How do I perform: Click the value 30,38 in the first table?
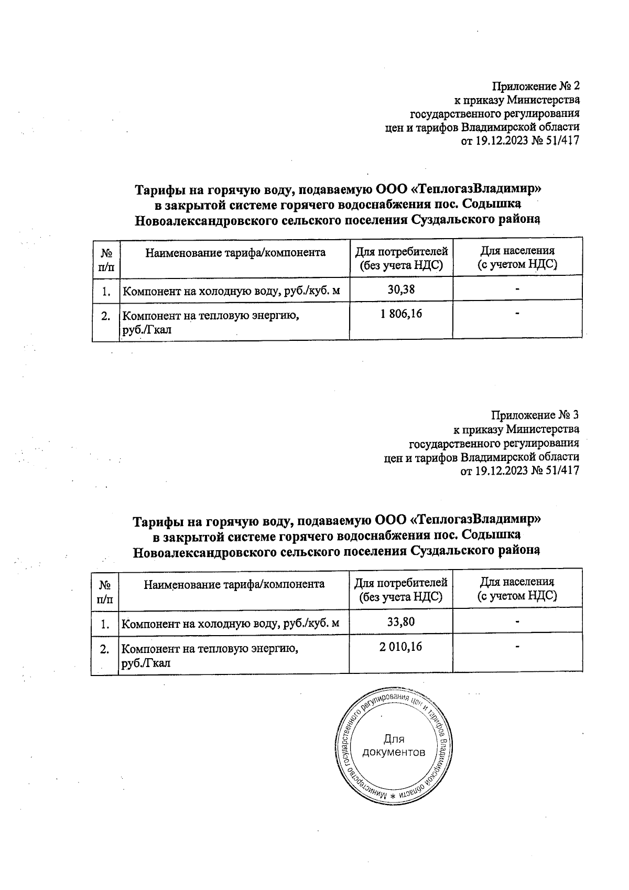point(401,288)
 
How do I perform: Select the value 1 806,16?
point(401,314)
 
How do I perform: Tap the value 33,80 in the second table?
point(401,622)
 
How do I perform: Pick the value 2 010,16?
point(401,647)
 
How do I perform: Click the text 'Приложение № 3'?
point(535,415)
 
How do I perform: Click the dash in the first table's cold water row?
point(517,288)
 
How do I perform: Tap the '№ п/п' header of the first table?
point(106,259)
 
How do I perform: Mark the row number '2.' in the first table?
point(106,316)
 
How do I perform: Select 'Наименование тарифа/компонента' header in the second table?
point(234,584)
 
